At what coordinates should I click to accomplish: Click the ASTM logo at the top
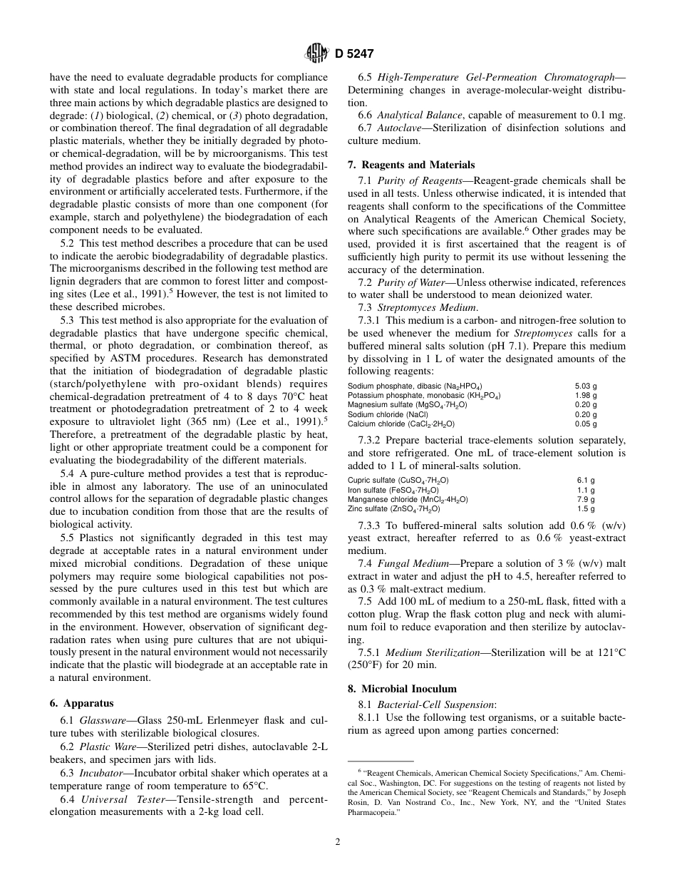click(x=314, y=53)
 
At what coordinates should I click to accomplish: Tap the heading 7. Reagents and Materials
click(x=410, y=165)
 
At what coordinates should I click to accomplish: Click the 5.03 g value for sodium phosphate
click(x=586, y=386)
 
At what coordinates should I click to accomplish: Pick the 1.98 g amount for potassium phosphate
click(x=586, y=395)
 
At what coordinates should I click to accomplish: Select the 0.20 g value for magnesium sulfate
click(x=586, y=404)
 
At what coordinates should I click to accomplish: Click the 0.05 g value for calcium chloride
click(x=586, y=424)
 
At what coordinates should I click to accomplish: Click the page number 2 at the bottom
click(x=338, y=841)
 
